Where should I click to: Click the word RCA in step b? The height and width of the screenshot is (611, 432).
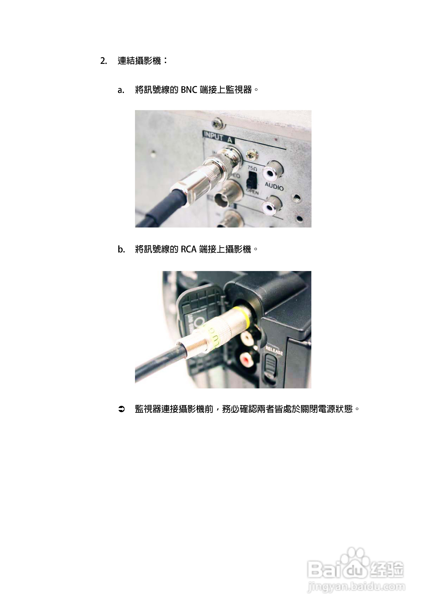(189, 249)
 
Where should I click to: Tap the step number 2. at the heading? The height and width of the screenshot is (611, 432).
(104, 61)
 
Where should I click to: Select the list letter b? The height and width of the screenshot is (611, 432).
(121, 250)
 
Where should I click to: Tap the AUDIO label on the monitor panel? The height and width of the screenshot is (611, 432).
(274, 186)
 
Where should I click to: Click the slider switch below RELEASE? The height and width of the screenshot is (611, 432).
(271, 366)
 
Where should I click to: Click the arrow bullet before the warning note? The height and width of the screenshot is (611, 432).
(121, 409)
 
